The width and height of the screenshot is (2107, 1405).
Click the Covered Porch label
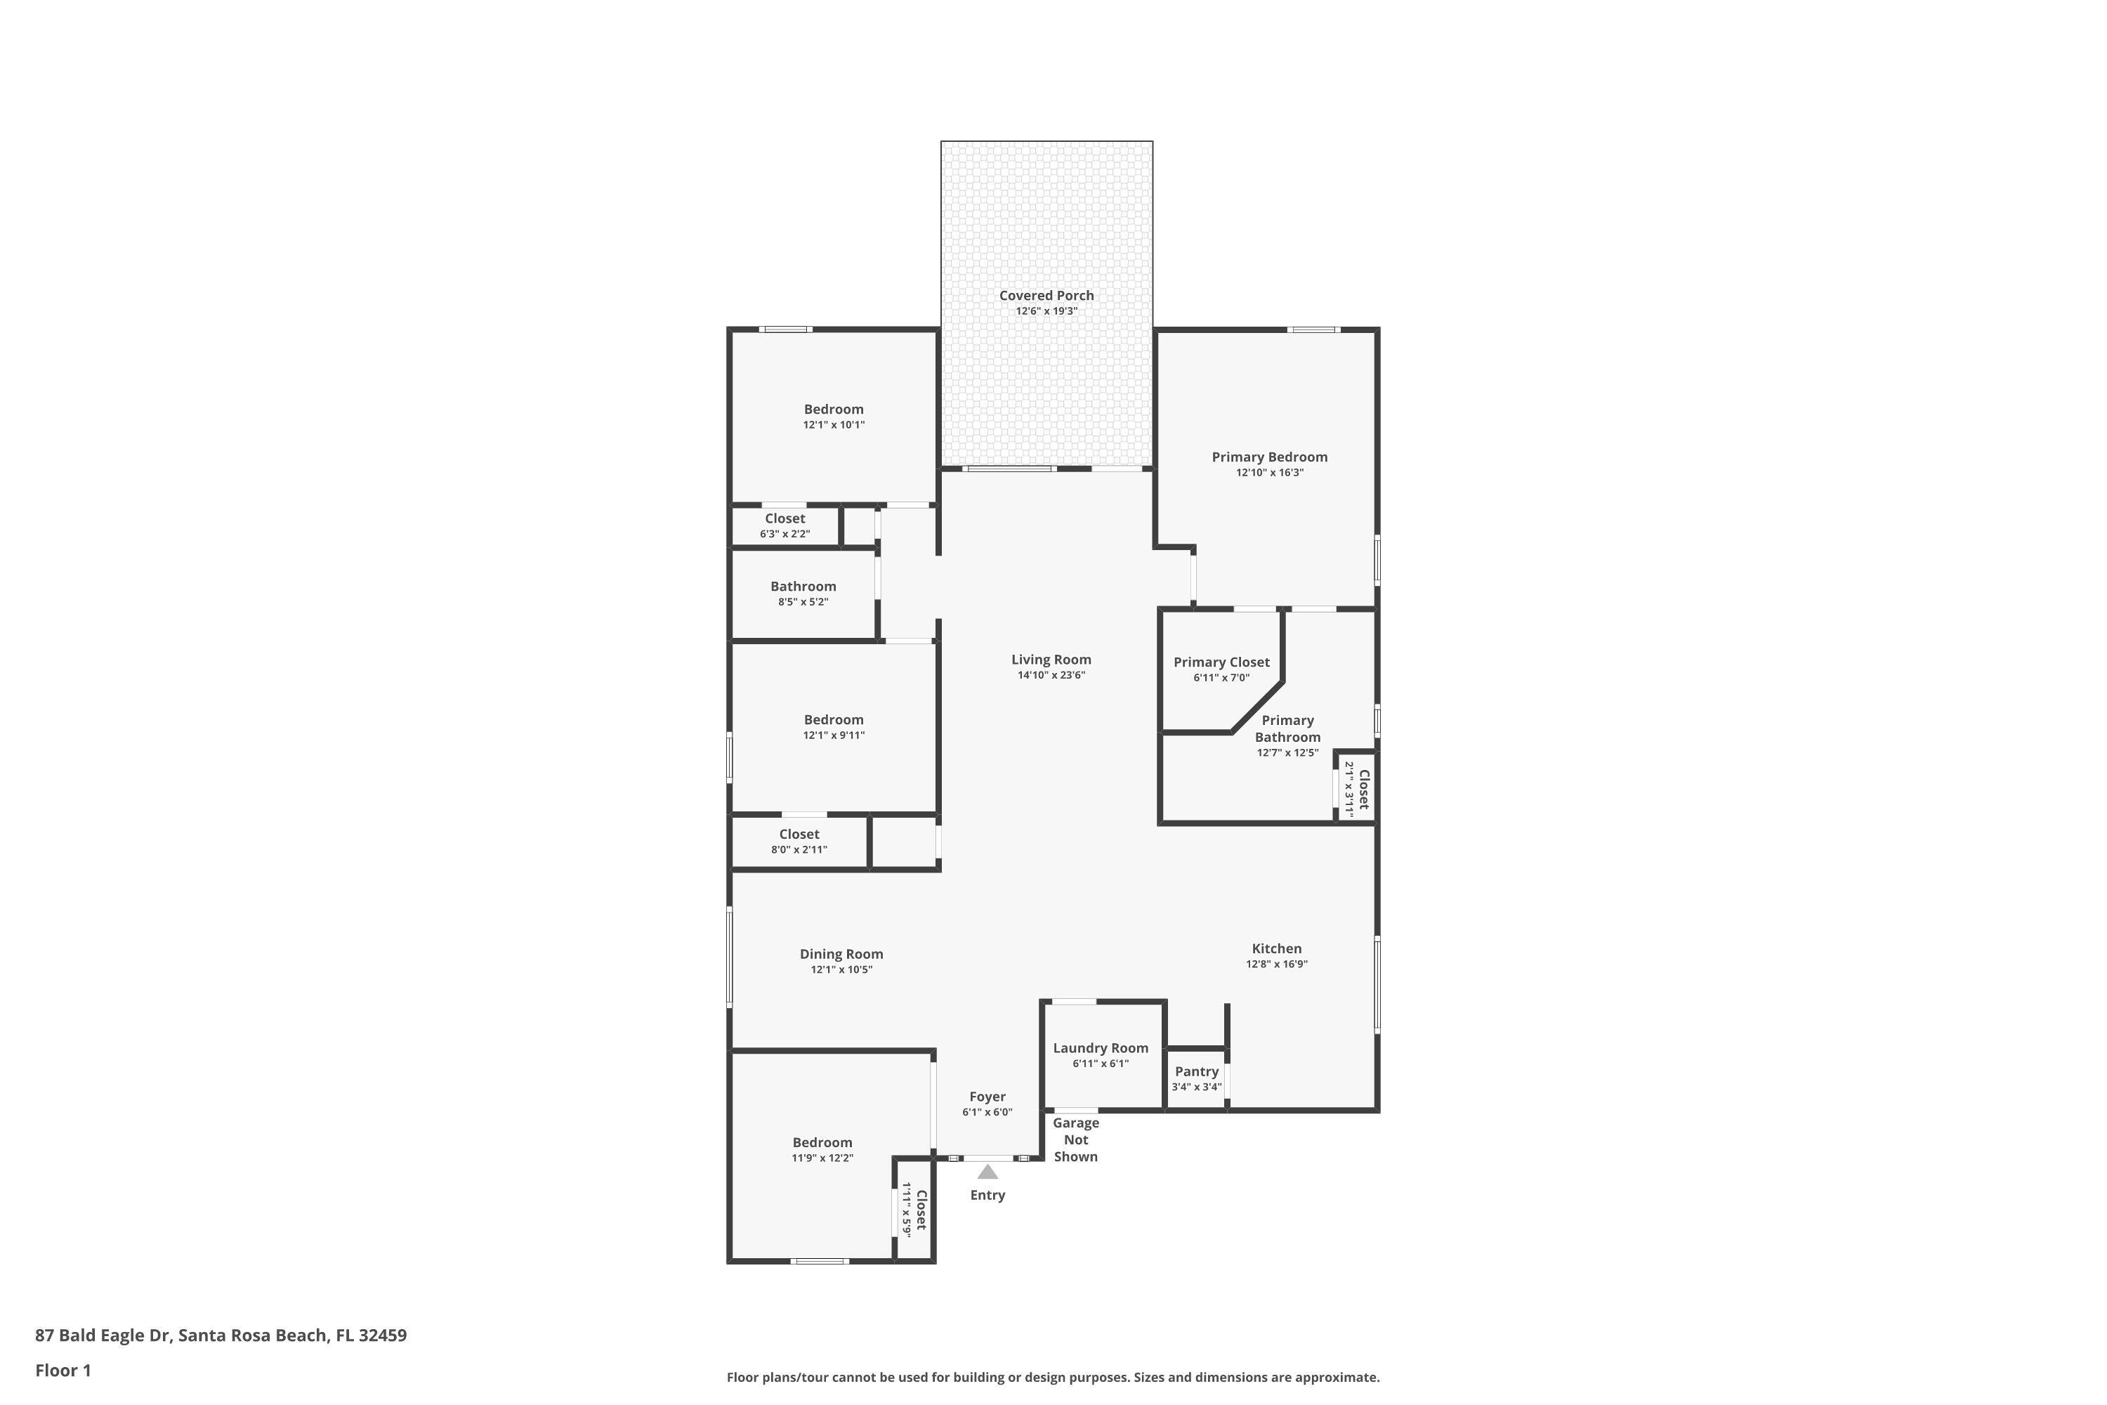[1046, 296]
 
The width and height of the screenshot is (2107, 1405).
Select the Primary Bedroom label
[1269, 457]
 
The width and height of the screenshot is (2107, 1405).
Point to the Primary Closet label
[1221, 662]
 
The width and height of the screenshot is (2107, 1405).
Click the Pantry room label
[1196, 1072]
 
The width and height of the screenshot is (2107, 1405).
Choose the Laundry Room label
[1100, 1048]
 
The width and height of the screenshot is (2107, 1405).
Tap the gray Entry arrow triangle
[987, 1172]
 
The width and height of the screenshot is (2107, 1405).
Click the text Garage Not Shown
[1075, 1139]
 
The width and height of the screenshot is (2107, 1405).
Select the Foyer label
[987, 1097]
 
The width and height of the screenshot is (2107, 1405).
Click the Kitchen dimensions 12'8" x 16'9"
[1277, 964]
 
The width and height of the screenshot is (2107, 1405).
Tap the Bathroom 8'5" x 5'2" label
[803, 593]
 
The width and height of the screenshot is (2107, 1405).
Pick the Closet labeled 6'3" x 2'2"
[785, 525]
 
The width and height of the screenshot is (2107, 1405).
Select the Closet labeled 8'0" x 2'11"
[799, 842]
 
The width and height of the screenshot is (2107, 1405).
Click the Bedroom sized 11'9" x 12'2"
[822, 1149]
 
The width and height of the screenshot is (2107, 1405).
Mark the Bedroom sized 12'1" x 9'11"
[833, 726]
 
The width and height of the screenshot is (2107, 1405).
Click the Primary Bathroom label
[1287, 728]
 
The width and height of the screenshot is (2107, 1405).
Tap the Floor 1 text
[63, 1370]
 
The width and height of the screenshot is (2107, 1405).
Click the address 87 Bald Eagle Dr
[221, 1335]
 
